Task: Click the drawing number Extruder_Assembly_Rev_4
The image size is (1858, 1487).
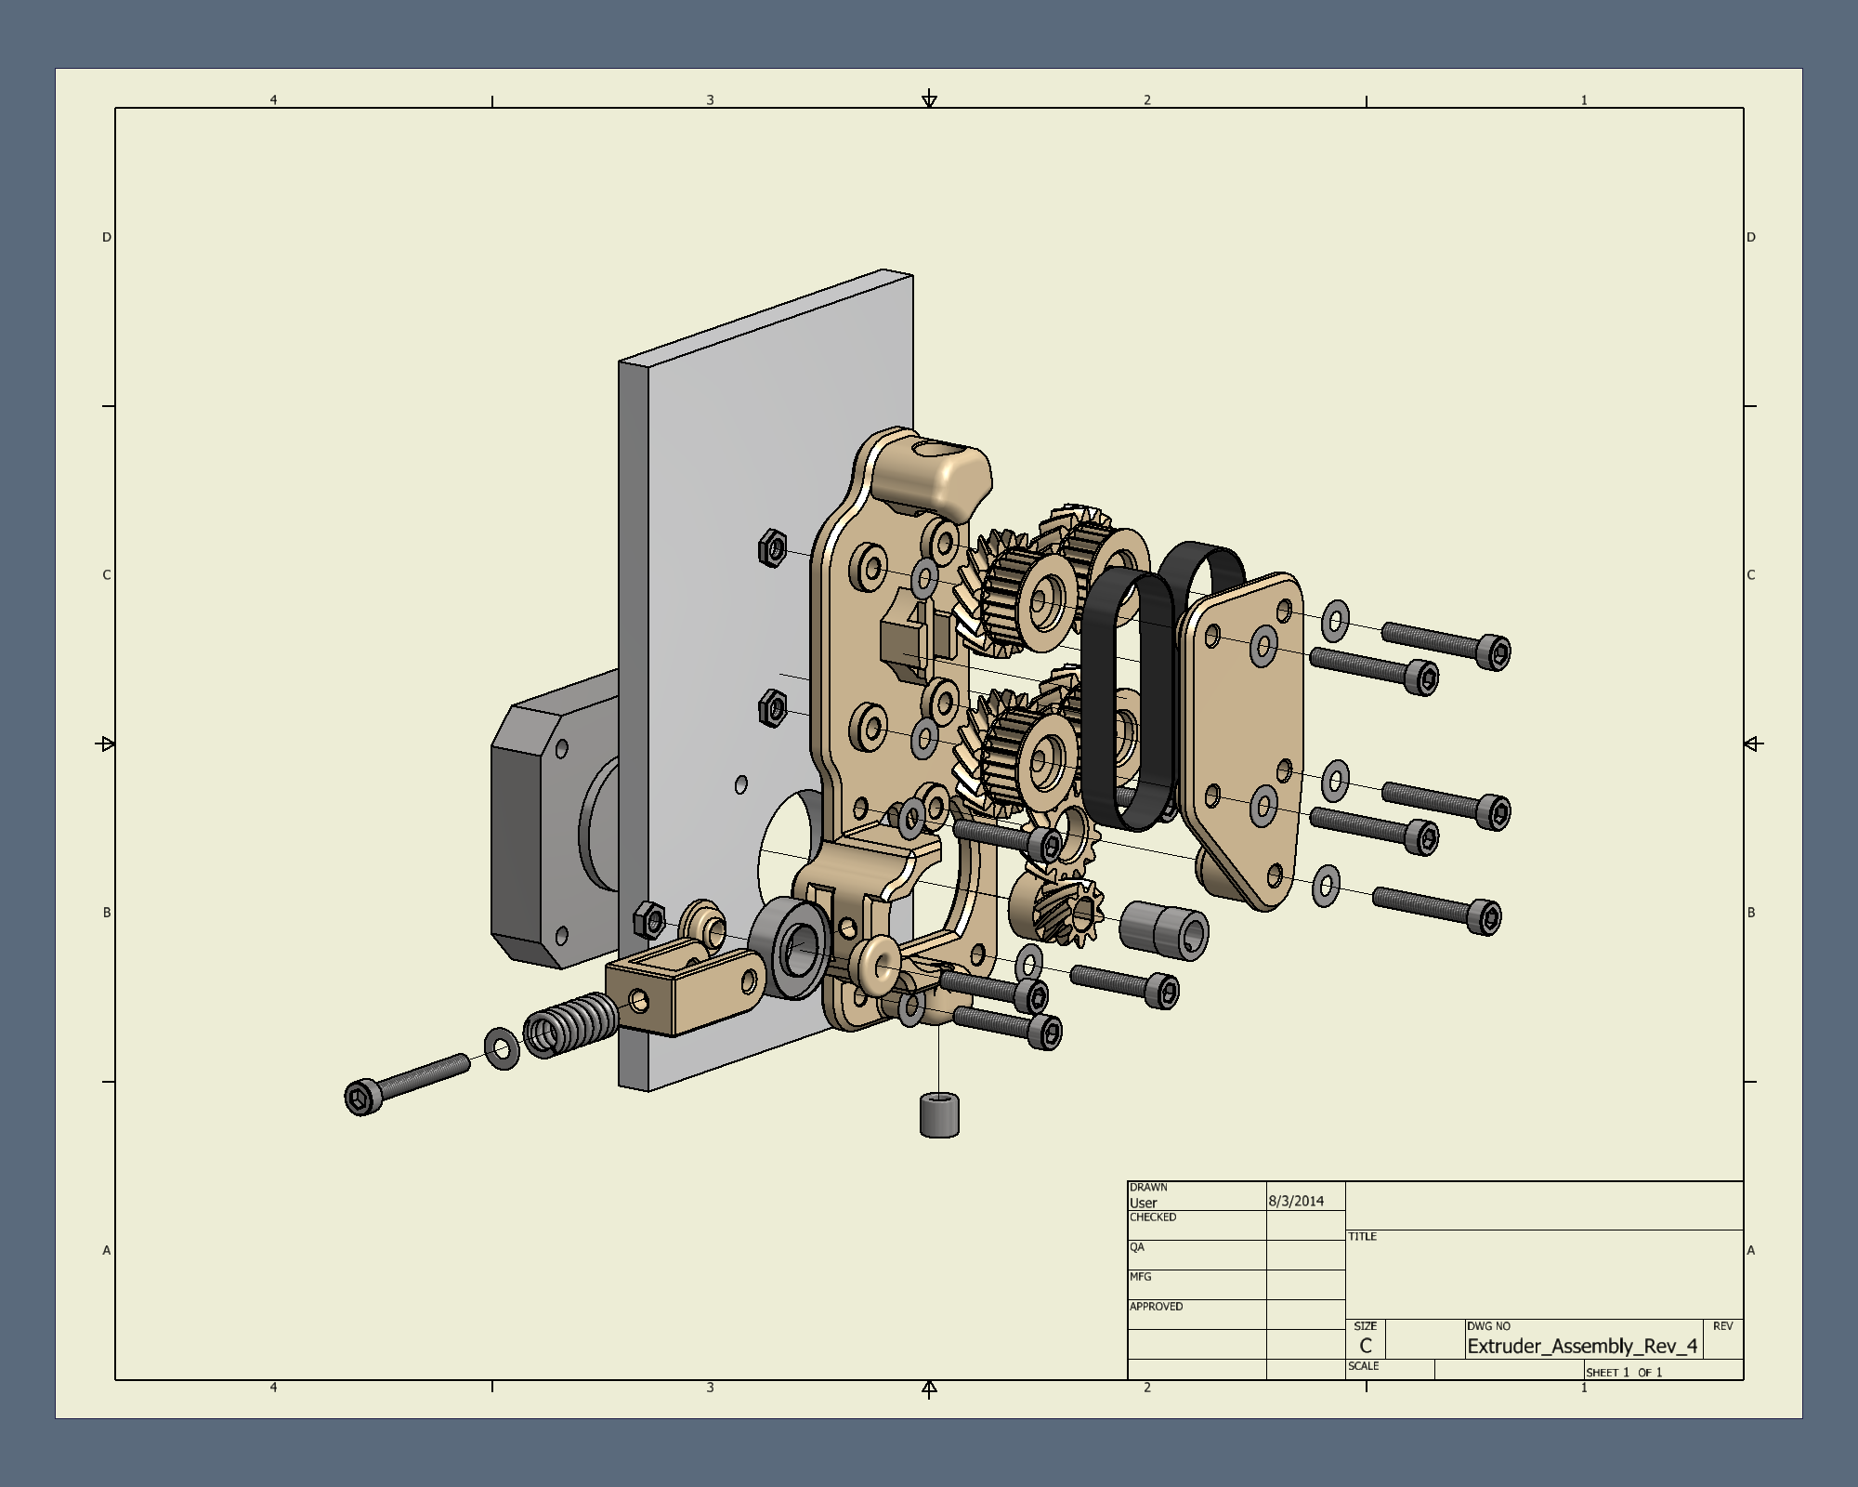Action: click(1582, 1346)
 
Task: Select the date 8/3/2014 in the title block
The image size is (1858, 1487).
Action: click(1296, 1201)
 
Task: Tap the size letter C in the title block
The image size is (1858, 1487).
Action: click(1365, 1346)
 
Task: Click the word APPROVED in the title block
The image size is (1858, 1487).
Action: click(1156, 1307)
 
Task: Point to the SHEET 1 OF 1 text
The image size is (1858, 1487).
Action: click(1624, 1373)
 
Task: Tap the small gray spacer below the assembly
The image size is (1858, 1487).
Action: click(939, 1115)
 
